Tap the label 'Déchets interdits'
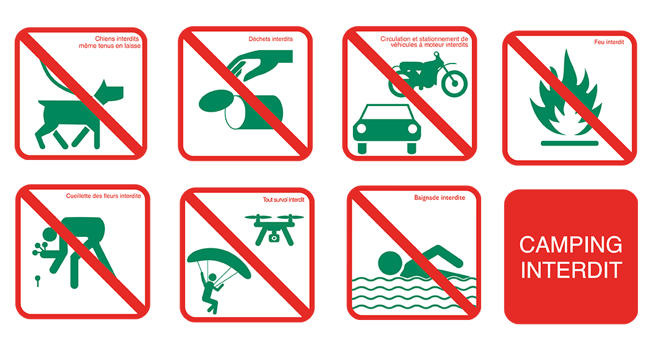point(270,39)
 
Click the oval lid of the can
point(216,101)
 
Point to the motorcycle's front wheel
point(454,83)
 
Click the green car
point(387,128)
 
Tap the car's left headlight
point(361,128)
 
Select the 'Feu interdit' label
point(609,42)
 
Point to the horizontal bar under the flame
point(569,143)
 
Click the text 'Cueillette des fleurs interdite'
point(103,196)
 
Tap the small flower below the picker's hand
point(37,281)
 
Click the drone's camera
point(273,238)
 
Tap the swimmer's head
point(390,263)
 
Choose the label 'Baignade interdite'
point(440,197)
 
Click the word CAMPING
point(571,244)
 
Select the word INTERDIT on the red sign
point(571,270)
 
